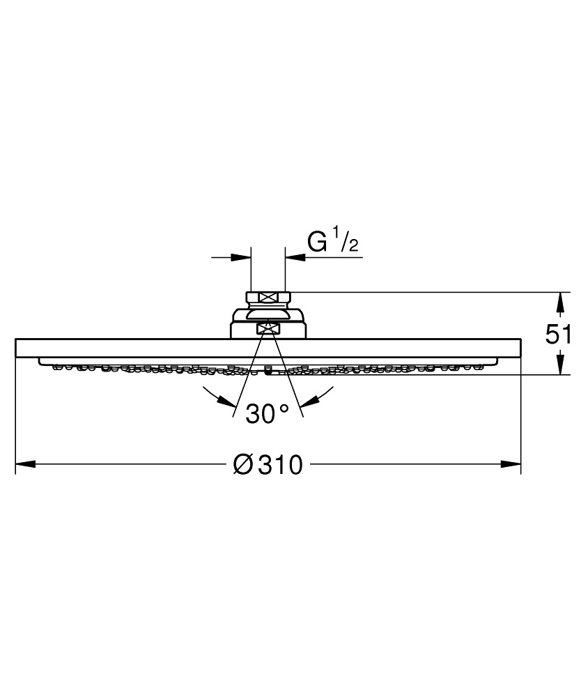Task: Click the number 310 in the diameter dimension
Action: click(x=281, y=464)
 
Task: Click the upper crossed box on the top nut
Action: click(x=268, y=298)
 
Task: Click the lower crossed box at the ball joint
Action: click(x=268, y=328)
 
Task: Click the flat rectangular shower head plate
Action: click(x=139, y=348)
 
